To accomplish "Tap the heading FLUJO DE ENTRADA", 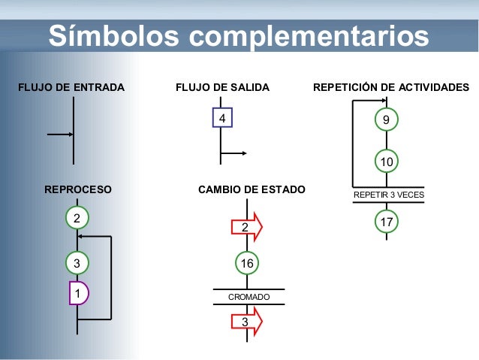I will [71, 88].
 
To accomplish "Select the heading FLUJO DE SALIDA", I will [222, 88].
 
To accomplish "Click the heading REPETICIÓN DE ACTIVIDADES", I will [390, 88].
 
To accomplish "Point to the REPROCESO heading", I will [78, 190].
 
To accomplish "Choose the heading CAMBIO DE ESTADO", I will [252, 190].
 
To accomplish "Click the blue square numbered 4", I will [222, 119].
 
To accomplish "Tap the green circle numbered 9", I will [386, 119].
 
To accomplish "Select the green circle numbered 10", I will [386, 162].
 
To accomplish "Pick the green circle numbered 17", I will [387, 222].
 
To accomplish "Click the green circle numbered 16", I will [246, 262].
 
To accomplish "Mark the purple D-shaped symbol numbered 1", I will [78, 292].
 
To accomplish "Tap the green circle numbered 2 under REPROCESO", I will [76, 217].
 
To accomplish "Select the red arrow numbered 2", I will [247, 225].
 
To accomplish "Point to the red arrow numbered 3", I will [247, 322].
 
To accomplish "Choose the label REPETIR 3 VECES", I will [388, 195].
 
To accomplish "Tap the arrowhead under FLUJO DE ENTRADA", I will [70, 135].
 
